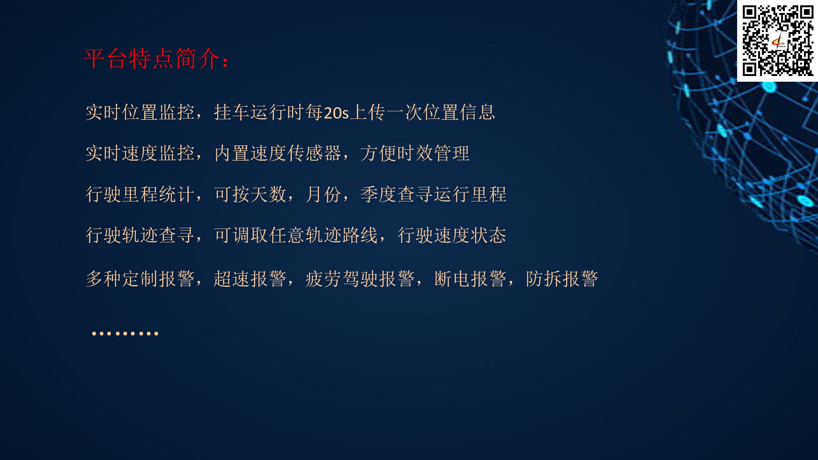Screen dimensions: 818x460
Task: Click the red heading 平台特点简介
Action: click(x=152, y=59)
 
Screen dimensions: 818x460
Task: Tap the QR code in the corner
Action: click(x=778, y=40)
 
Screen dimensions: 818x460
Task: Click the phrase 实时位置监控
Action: click(x=140, y=112)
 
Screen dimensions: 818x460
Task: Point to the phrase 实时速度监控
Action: click(x=140, y=153)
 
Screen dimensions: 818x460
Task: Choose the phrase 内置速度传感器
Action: click(x=278, y=153)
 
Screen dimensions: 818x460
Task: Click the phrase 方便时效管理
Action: click(x=415, y=153)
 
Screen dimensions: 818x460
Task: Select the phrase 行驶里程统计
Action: click(x=140, y=194)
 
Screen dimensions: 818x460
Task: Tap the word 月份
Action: click(x=323, y=194)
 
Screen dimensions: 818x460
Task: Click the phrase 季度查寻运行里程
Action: click(x=433, y=194)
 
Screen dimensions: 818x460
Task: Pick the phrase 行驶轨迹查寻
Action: click(x=140, y=235)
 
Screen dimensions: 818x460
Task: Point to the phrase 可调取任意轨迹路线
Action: click(x=296, y=235)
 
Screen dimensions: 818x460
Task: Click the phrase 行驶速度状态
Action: click(x=452, y=235)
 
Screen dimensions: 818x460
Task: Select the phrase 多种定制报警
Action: click(x=140, y=279)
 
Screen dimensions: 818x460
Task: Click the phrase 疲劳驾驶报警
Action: click(x=360, y=279)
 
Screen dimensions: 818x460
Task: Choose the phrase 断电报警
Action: click(x=470, y=279)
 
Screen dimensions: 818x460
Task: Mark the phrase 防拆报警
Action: click(x=562, y=279)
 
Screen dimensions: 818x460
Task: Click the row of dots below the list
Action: click(x=125, y=333)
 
